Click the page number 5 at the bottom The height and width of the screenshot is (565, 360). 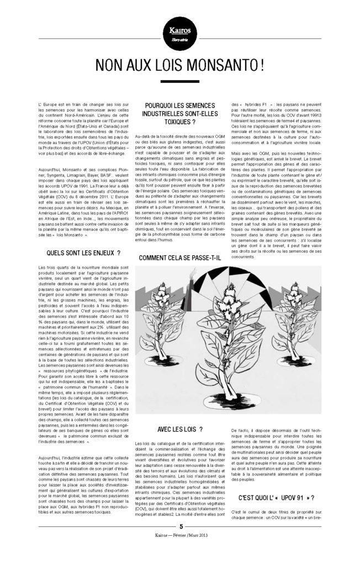(180, 542)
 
